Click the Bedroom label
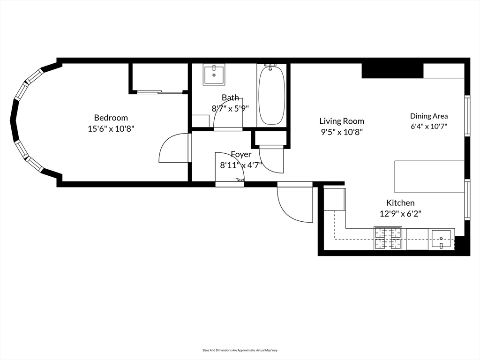[111, 118]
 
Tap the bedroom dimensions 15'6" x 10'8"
[111, 128]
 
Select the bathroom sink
[214, 75]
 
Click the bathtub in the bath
[271, 95]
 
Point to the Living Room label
[342, 121]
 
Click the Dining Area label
[429, 116]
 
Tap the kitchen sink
[441, 239]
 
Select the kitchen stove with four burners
[388, 238]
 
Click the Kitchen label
[400, 202]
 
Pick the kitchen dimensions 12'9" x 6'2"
[400, 213]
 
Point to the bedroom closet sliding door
[160, 91]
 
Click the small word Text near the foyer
[240, 180]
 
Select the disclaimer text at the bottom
[240, 350]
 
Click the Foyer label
[241, 154]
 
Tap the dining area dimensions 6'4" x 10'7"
[429, 127]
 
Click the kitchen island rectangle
[429, 177]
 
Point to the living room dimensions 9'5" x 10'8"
[342, 132]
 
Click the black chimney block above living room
[392, 71]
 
